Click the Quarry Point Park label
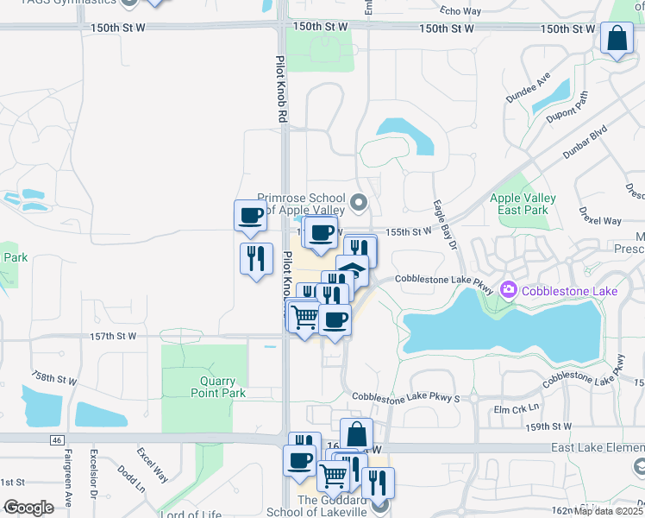(218, 386)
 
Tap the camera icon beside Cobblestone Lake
(507, 290)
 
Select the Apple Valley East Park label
(523, 204)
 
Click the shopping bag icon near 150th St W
(617, 39)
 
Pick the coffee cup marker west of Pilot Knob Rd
(250, 215)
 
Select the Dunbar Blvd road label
(586, 143)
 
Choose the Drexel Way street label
(600, 215)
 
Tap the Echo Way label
(460, 11)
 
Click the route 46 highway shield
(56, 440)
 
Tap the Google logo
(28, 507)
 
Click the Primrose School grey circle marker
(360, 204)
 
